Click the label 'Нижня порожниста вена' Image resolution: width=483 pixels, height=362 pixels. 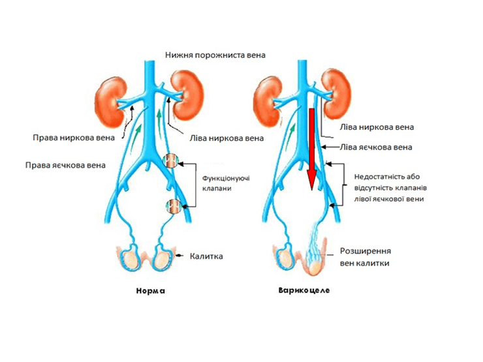pos(215,55)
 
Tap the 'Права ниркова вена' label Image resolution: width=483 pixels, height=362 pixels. pos(74,137)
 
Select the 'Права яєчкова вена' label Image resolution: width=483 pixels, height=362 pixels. pos(65,165)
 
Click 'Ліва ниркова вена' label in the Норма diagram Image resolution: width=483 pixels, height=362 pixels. pos(226,138)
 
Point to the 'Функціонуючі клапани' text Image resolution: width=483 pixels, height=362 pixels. pos(226,183)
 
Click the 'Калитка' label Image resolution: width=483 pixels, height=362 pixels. pos(206,256)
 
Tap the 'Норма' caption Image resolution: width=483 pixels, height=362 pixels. pos(151,291)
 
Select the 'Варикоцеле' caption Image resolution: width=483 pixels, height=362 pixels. pos(304,290)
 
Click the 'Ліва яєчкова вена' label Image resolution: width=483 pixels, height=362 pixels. pos(376,147)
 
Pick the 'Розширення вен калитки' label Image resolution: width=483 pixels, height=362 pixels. pos(366,257)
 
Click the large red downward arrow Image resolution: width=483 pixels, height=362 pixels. pos(312,149)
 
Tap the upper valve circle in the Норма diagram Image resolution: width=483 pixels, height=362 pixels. pos(170,161)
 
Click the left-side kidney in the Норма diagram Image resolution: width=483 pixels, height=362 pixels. pos(110,102)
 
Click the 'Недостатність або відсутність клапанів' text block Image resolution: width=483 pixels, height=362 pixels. pos(390,188)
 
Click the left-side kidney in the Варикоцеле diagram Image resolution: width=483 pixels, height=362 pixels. pos(268,102)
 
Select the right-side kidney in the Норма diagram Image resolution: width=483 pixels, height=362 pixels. pos(187,95)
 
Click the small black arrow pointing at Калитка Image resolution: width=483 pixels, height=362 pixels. pos(179,256)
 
